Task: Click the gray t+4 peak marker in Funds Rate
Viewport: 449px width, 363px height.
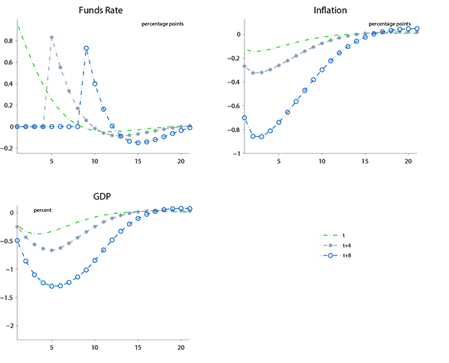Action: pyautogui.click(x=52, y=37)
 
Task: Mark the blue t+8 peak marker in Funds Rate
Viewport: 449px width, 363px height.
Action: pyautogui.click(x=86, y=48)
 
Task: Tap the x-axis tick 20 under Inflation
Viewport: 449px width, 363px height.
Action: pyautogui.click(x=408, y=162)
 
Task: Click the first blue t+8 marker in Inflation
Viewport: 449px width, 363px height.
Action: pyautogui.click(x=245, y=118)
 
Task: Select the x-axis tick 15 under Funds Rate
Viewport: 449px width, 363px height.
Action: pyautogui.click(x=138, y=162)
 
